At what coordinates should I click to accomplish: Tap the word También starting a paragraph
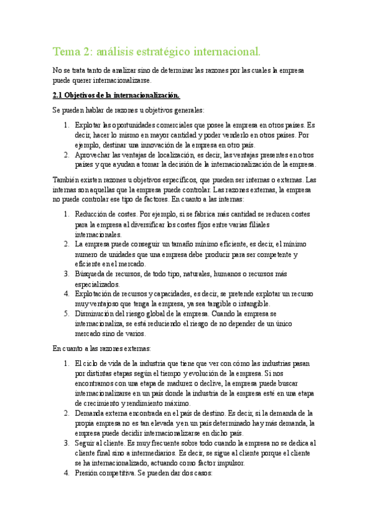point(65,180)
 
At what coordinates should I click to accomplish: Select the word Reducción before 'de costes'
point(91,214)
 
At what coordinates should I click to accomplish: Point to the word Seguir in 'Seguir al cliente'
point(86,443)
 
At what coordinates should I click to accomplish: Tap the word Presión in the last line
point(88,473)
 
